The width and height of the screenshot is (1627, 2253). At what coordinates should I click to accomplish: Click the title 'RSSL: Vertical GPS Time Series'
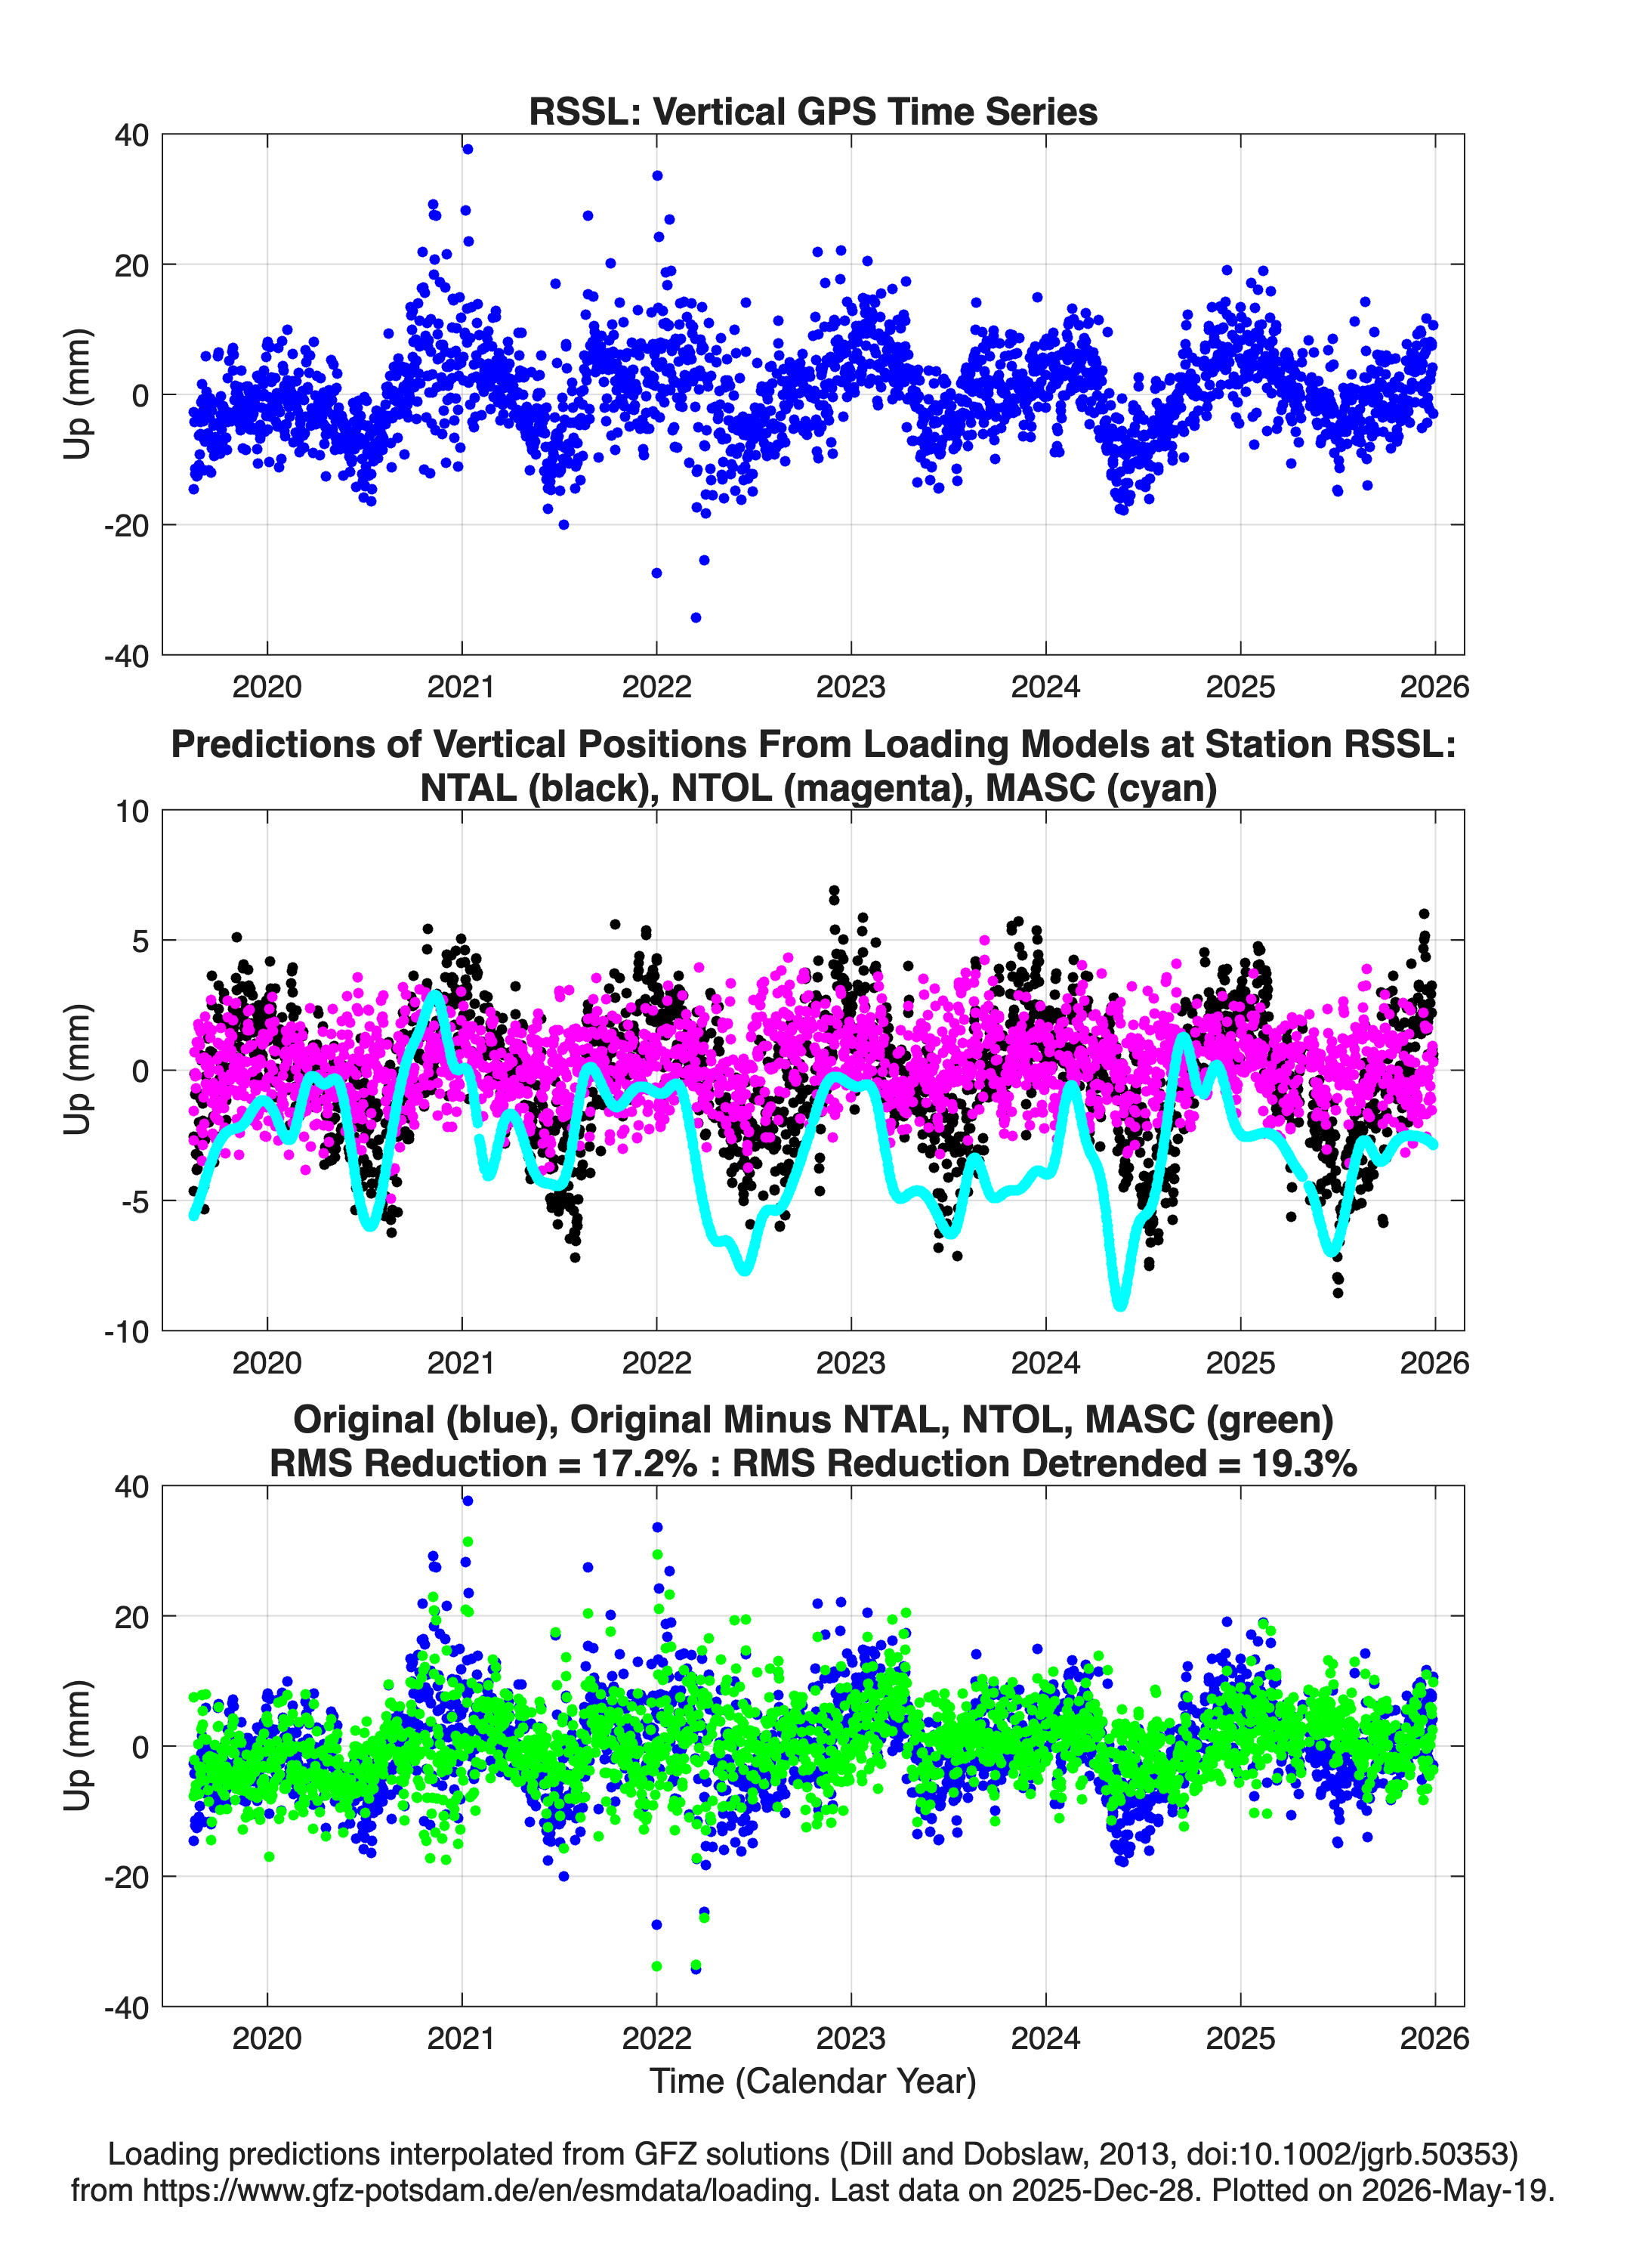(813, 111)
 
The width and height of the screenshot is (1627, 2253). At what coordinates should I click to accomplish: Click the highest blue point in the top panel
(468, 149)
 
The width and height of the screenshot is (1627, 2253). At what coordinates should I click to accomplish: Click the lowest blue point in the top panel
(696, 618)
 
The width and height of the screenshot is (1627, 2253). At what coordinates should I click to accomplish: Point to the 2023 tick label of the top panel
(851, 687)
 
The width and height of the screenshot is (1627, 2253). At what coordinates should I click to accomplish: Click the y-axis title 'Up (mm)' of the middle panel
(78, 1070)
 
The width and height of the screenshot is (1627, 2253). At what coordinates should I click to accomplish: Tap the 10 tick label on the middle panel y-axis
(132, 811)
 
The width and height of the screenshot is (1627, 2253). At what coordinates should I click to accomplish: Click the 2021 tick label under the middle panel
(461, 1363)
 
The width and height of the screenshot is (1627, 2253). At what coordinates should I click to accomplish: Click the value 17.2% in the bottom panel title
(644, 1463)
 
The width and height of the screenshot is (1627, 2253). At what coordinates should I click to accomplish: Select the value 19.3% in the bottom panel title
(1304, 1463)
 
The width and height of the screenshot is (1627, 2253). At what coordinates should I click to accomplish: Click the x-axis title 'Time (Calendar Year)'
(813, 2081)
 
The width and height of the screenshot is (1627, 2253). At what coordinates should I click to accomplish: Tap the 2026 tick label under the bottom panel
(1434, 2038)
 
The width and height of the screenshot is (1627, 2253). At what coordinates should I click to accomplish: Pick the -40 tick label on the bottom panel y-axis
(126, 2007)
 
